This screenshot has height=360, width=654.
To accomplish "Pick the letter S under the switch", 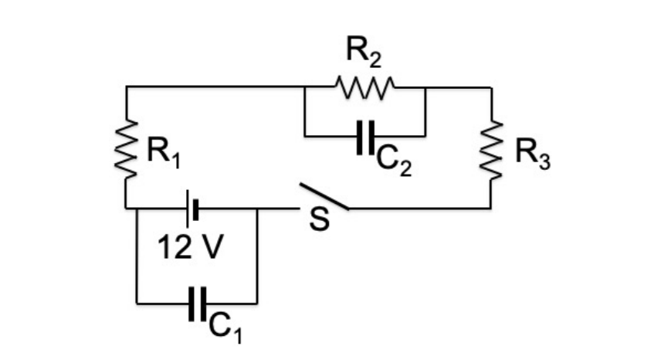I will pyautogui.click(x=319, y=221).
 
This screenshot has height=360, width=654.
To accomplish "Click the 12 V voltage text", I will pyautogui.click(x=191, y=249).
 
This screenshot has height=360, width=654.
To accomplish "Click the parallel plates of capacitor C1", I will pyautogui.click(x=196, y=303).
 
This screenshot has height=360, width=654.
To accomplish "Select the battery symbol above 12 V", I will pyautogui.click(x=192, y=208).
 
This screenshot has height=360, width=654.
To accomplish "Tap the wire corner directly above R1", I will pyautogui.click(x=126, y=87).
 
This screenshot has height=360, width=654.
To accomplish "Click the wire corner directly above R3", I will pyautogui.click(x=491, y=87).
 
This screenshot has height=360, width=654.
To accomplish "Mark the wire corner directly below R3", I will pyautogui.click(x=491, y=208).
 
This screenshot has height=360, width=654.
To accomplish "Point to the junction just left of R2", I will pyautogui.click(x=305, y=87).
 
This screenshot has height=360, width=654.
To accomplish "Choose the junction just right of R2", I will pyautogui.click(x=425, y=87).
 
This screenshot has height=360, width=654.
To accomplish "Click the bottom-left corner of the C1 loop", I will pyautogui.click(x=137, y=303).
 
